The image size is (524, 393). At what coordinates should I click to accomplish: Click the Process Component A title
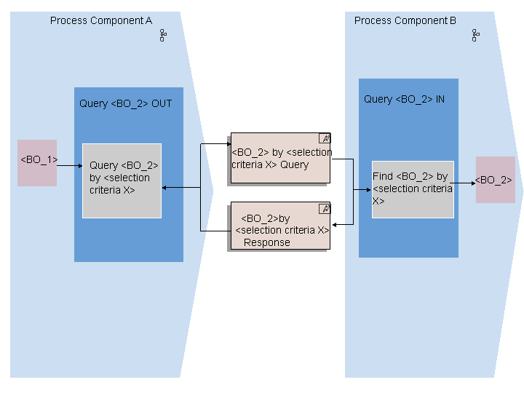click(x=101, y=20)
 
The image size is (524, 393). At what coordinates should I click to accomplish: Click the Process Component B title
click(x=405, y=20)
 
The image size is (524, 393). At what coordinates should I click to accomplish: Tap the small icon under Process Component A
click(x=163, y=35)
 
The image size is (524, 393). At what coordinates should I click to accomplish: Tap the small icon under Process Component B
click(x=475, y=35)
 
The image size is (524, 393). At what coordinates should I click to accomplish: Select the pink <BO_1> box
click(x=37, y=163)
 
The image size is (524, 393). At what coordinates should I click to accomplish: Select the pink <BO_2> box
click(x=496, y=180)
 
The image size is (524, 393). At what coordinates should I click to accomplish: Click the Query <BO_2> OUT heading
click(x=126, y=103)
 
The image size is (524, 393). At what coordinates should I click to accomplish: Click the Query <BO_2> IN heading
click(x=405, y=99)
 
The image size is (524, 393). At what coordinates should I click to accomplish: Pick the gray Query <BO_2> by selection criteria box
click(x=122, y=180)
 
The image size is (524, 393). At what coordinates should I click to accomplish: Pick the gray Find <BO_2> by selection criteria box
click(x=413, y=189)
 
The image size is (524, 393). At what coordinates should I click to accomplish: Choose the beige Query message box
click(x=280, y=158)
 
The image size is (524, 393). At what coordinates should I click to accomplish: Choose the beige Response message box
click(x=280, y=226)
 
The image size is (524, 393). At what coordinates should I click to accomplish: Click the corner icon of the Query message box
click(x=325, y=138)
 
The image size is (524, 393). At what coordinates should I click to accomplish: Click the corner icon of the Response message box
click(x=325, y=209)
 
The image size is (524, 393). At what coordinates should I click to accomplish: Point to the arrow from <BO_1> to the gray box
click(x=70, y=165)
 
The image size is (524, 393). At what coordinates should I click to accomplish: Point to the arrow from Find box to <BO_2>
click(x=463, y=183)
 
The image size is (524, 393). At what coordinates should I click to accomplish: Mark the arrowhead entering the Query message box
click(x=229, y=144)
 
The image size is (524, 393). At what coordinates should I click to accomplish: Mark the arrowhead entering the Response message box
click(x=335, y=225)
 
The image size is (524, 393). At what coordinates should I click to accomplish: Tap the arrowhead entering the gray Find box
click(x=368, y=190)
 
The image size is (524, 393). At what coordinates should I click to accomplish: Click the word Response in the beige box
click(x=266, y=242)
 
